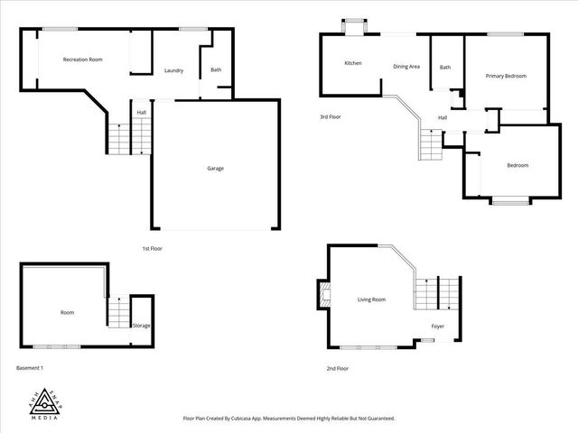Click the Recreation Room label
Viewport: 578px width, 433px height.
[82, 60]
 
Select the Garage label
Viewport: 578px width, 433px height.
[215, 168]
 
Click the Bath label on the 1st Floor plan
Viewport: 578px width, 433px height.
[216, 70]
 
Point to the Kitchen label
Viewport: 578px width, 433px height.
[353, 63]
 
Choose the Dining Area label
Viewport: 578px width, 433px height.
[406, 66]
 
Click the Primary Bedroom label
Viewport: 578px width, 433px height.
[506, 76]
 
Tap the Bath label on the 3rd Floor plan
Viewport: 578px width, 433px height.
[445, 68]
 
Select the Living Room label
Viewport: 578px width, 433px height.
[371, 299]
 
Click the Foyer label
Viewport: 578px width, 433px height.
[437, 326]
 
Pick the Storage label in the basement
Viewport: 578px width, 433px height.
[142, 325]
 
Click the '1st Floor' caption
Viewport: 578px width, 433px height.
[152, 248]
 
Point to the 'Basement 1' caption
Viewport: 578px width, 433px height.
[30, 368]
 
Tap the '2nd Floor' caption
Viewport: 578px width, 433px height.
[337, 368]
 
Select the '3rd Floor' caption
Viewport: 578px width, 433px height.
[331, 117]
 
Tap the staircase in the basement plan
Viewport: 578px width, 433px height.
[118, 312]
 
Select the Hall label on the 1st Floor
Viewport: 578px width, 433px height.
[142, 113]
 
